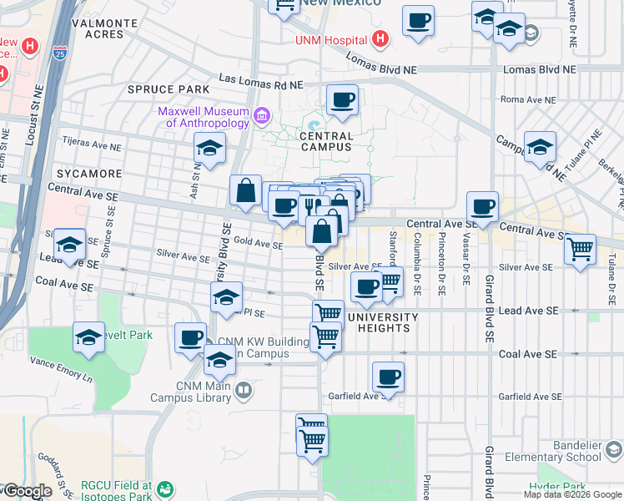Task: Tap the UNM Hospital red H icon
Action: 380,38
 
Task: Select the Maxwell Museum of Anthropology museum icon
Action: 262,114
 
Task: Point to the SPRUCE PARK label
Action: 168,89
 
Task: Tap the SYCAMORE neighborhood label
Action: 85,174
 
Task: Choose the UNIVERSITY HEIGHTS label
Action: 383,322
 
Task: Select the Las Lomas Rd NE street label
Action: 260,83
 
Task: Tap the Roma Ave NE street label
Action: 528,99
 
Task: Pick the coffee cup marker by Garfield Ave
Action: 388,377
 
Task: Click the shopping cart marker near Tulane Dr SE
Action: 580,248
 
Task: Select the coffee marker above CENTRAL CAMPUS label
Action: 341,101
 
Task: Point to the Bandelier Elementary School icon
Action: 614,452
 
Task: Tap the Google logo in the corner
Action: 27,492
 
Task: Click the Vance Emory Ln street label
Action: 62,367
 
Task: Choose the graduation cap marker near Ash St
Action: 209,150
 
